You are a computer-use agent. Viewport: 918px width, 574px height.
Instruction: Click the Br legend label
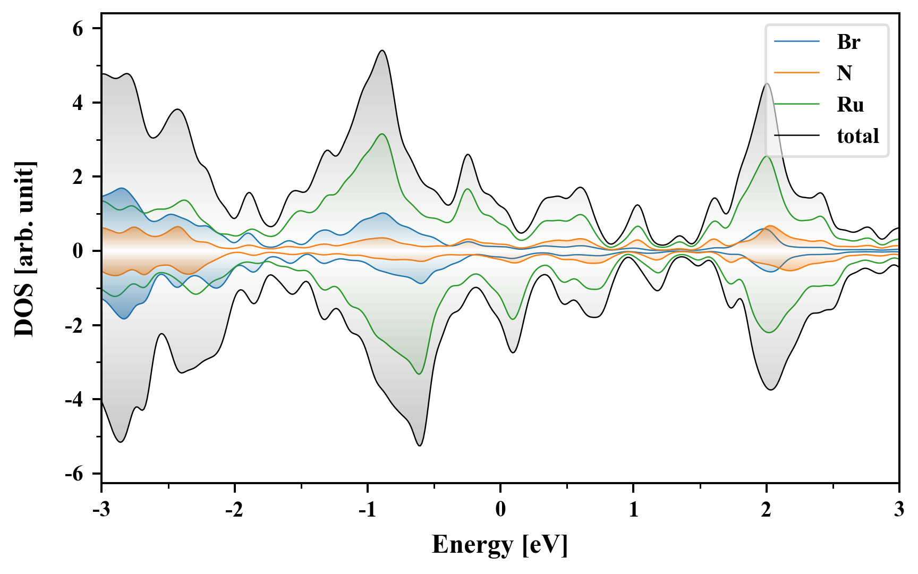click(848, 41)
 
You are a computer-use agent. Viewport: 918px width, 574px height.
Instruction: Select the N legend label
click(844, 73)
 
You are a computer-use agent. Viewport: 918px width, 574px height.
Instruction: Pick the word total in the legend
click(857, 136)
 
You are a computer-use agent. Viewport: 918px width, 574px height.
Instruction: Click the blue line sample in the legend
click(797, 41)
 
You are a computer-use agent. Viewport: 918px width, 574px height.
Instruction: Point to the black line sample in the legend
click(797, 136)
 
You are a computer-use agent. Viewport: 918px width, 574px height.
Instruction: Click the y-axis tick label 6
click(78, 29)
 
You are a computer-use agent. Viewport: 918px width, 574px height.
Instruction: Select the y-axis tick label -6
click(74, 474)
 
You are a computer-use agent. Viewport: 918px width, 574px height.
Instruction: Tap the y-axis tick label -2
click(74, 325)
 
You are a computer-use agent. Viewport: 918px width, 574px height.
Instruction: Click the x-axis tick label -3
click(101, 510)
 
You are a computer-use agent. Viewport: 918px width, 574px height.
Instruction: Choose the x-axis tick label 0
click(500, 510)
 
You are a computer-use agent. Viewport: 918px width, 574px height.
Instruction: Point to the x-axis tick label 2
click(766, 510)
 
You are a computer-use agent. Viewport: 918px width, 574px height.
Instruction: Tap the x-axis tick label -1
click(367, 510)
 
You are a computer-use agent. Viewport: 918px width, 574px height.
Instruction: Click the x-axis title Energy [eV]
click(500, 545)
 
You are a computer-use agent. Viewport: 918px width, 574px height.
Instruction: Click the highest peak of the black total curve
click(382, 50)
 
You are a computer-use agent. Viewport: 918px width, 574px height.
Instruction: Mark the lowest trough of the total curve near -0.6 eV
click(420, 445)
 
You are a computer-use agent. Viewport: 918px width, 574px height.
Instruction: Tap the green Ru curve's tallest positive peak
click(382, 134)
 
